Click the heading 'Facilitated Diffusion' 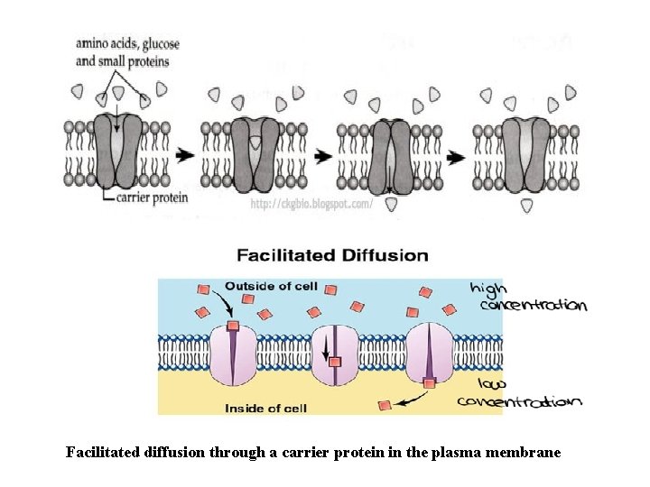[332, 255]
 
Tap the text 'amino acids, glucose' [127, 43]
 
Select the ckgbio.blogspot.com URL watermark [311, 207]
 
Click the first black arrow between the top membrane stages [185, 155]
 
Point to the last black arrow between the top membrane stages [456, 156]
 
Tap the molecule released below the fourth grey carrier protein [526, 206]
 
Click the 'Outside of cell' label [271, 287]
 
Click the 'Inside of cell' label [265, 409]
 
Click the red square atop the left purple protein [233, 326]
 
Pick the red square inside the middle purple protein [335, 363]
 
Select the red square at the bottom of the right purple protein [430, 383]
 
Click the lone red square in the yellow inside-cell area [385, 406]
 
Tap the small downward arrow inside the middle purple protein [326, 351]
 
